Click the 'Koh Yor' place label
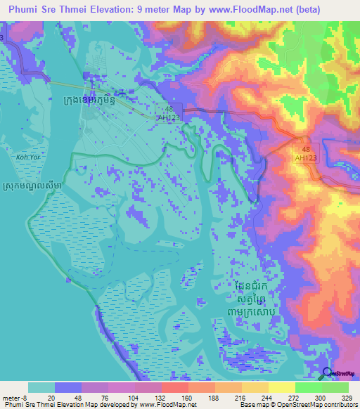click(x=27, y=157)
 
